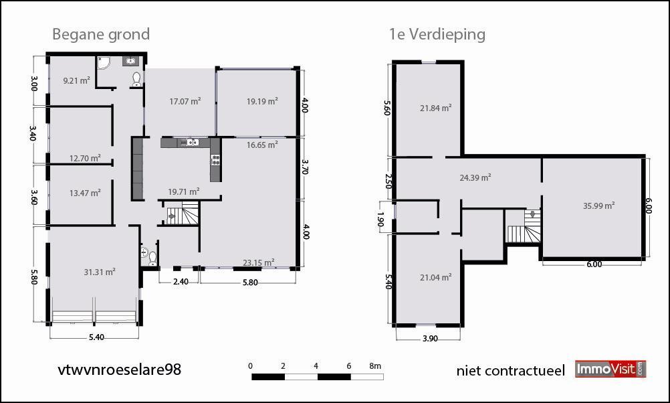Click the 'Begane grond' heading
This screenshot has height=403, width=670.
[x=101, y=35]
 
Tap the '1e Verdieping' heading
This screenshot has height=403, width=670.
[x=437, y=34]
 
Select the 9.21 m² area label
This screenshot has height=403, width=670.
[x=76, y=80]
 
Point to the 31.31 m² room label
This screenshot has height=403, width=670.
[x=100, y=272]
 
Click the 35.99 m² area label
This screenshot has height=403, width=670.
[x=598, y=206]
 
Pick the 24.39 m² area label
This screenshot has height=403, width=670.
[x=475, y=177]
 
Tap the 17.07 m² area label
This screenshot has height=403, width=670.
[x=185, y=101]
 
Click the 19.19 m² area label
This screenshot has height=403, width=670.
[x=262, y=101]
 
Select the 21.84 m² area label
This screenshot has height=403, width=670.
[x=435, y=108]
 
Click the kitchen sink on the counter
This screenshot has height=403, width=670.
[x=191, y=142]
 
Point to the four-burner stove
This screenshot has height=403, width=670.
[x=215, y=160]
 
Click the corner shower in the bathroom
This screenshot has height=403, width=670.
[x=104, y=62]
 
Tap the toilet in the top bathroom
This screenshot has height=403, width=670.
[x=136, y=79]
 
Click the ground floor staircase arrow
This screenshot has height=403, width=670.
[x=171, y=216]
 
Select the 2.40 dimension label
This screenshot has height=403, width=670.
[x=181, y=282]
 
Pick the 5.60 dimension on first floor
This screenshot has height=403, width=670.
[x=387, y=108]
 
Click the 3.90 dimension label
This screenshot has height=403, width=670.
[x=431, y=339]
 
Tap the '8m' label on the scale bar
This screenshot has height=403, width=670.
[x=375, y=366]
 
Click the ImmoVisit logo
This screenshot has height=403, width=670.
[x=611, y=370]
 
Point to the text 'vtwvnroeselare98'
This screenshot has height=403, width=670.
[x=119, y=370]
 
